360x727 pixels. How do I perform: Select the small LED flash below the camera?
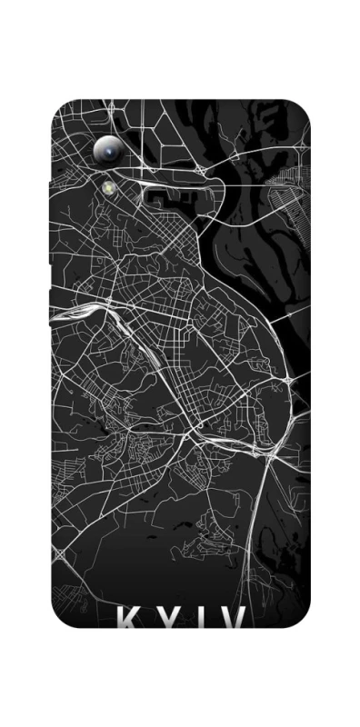pyautogui.click(x=110, y=188)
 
